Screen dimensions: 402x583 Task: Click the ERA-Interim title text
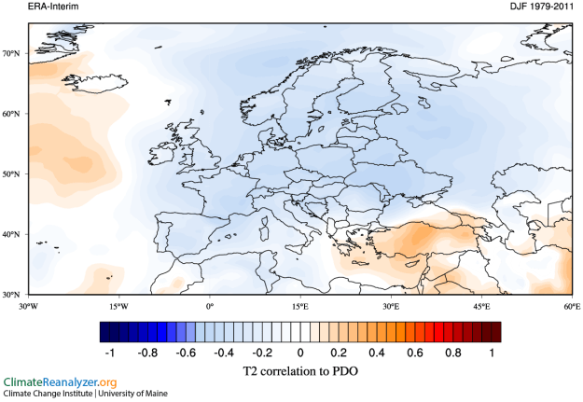[x=27, y=7]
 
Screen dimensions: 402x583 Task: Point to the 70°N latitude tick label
[x=12, y=54]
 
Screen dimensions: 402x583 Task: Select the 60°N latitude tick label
[x=12, y=114]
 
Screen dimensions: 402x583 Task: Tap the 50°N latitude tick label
[x=12, y=174]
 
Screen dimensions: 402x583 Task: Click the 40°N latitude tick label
[x=12, y=234]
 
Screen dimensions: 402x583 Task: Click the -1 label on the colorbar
[x=110, y=353]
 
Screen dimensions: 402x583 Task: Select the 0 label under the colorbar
[x=300, y=353]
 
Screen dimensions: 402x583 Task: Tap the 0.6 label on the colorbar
[x=415, y=353]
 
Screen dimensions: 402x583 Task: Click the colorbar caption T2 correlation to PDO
[x=299, y=371]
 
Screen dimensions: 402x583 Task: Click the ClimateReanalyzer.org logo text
[x=61, y=382]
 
